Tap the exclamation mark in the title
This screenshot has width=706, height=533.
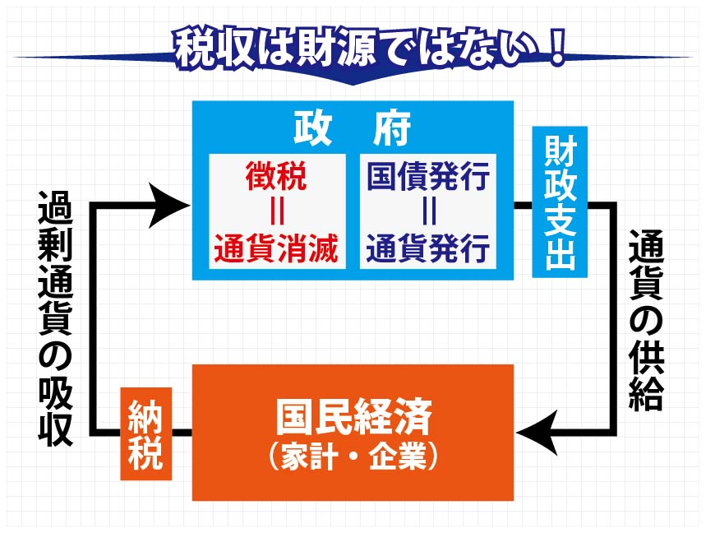pos(556,48)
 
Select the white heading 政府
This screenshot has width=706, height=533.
pos(353,128)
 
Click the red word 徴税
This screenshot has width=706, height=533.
pos(276,176)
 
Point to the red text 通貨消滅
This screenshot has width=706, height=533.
pos(276,248)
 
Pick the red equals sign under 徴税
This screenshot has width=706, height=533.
pos(277,212)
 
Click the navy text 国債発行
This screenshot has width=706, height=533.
pos(428,176)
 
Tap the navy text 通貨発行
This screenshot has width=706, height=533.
pos(428,248)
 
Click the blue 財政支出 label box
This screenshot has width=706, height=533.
pos(560,202)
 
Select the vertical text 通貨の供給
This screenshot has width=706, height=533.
pos(646,320)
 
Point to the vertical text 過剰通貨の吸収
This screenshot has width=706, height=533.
pos(55,318)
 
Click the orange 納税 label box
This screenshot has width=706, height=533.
pos(145,433)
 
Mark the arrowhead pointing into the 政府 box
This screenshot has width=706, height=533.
pos(168,206)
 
